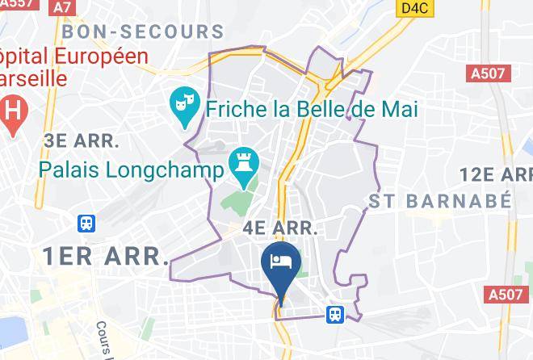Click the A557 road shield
[x=17, y=5]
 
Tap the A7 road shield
[x=62, y=6]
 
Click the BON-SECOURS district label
[x=143, y=32]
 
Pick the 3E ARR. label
[x=82, y=140]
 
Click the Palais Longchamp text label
[x=131, y=170]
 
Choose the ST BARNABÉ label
[x=440, y=200]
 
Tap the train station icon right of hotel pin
[x=334, y=314]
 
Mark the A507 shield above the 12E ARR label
[x=489, y=73]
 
